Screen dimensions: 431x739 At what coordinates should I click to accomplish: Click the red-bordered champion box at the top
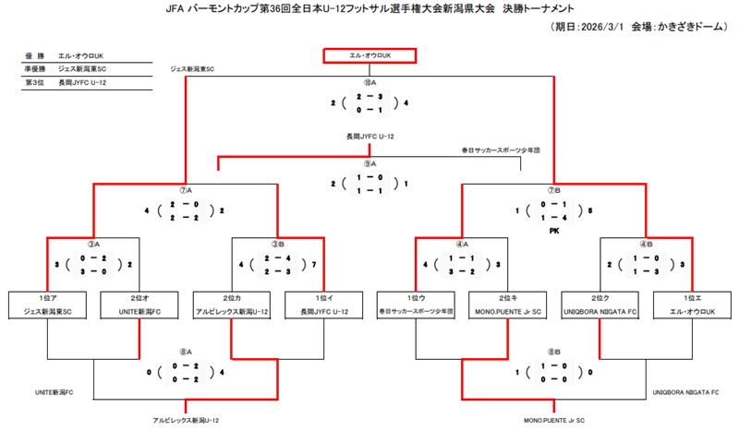[369, 56]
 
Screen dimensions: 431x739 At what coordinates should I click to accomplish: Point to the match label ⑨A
[369, 164]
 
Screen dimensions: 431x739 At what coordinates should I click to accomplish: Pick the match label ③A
[92, 244]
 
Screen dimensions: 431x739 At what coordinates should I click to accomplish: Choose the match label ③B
[277, 244]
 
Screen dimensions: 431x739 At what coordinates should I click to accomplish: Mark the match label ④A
[462, 244]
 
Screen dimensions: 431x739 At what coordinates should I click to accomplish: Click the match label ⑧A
[185, 352]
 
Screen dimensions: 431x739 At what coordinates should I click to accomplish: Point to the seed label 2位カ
[231, 298]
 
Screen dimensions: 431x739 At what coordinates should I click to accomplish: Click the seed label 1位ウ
[416, 298]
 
